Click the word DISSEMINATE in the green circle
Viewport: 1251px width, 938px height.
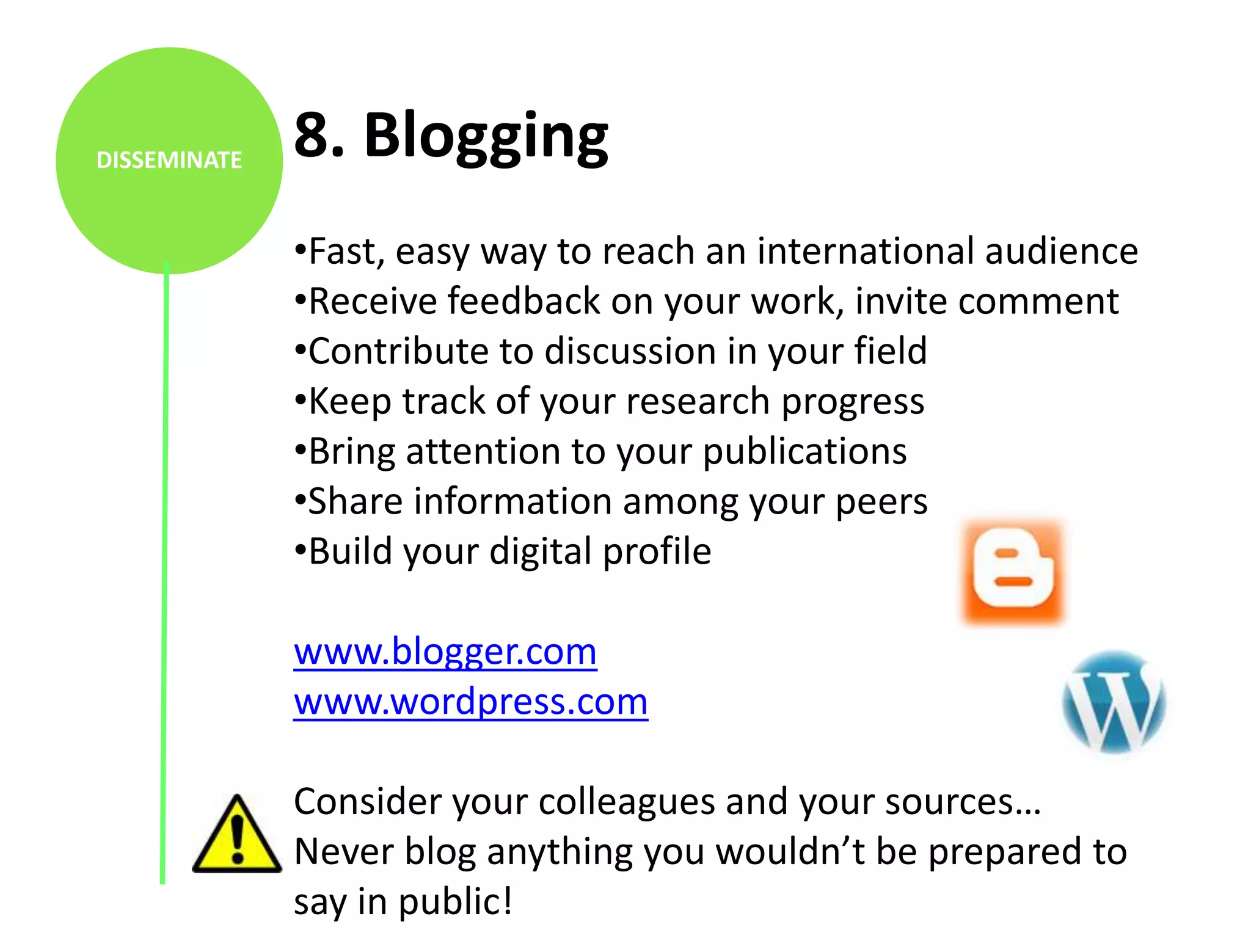point(169,160)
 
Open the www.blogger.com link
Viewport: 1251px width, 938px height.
point(445,652)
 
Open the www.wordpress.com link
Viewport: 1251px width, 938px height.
point(470,702)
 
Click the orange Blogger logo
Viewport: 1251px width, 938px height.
point(1013,572)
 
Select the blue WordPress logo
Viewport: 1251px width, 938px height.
point(1114,702)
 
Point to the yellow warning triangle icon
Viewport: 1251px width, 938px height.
point(237,835)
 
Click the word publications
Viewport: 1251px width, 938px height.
point(804,453)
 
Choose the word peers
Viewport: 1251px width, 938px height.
point(881,503)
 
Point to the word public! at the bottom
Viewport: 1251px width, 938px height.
point(456,901)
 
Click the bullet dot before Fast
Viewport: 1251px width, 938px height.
point(300,250)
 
